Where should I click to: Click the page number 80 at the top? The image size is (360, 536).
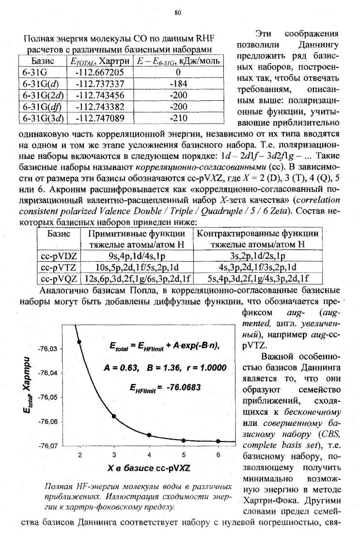178,13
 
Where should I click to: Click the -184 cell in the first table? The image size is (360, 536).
179,83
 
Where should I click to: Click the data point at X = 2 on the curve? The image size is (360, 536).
79,342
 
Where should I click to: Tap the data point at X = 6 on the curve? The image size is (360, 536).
218,441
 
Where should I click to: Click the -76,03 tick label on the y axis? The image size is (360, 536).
48,349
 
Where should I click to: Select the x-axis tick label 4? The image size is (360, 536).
149,455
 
